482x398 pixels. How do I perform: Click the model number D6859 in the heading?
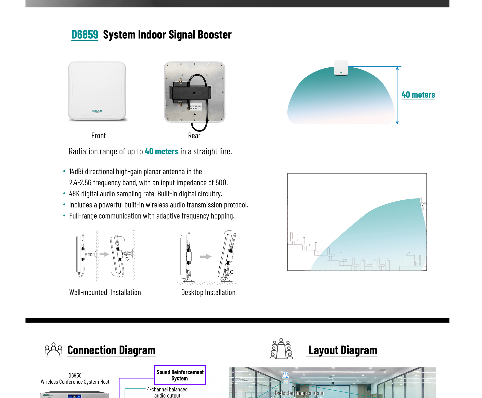click(x=85, y=34)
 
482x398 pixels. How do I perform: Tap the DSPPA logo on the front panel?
click(x=97, y=111)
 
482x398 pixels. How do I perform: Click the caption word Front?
click(x=98, y=136)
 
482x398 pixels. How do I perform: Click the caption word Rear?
click(x=194, y=136)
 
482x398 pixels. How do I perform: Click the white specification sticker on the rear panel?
click(x=196, y=107)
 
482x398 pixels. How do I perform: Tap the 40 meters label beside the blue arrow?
click(x=418, y=95)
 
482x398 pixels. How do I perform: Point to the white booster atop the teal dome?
click(x=341, y=68)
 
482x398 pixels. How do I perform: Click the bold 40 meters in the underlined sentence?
click(x=161, y=151)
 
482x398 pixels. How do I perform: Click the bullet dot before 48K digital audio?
click(x=64, y=194)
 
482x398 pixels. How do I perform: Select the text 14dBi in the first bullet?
click(x=76, y=172)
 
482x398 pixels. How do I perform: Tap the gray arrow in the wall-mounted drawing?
click(x=104, y=254)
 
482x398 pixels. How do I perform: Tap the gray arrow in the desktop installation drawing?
click(x=206, y=257)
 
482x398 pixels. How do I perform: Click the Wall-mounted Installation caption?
click(x=105, y=292)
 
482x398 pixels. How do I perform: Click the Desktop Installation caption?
click(x=208, y=292)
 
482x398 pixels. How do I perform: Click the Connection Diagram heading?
click(x=111, y=350)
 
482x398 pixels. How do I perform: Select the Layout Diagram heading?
click(x=342, y=350)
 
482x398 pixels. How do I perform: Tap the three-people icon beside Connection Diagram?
click(x=53, y=349)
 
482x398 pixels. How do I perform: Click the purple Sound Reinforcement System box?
click(x=180, y=375)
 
